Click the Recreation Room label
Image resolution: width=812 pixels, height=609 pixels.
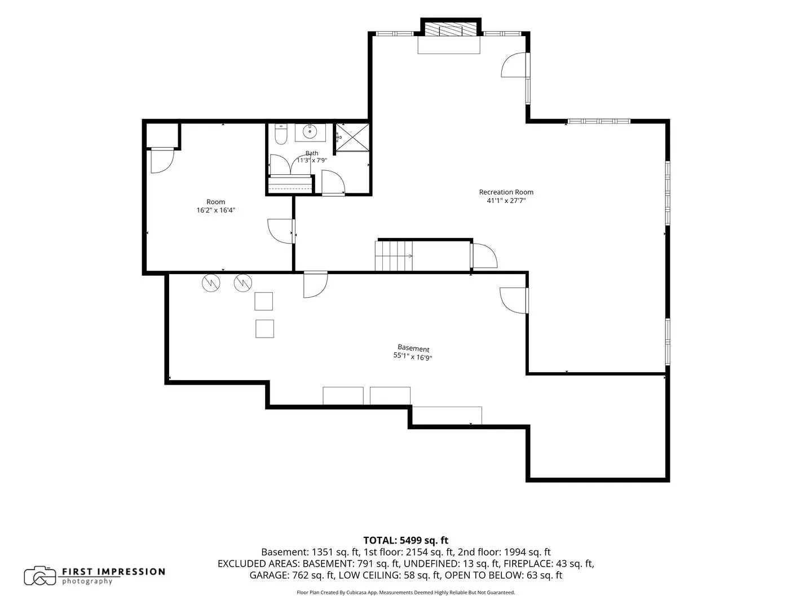click(506, 192)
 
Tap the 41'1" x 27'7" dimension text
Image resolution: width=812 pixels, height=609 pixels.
click(506, 201)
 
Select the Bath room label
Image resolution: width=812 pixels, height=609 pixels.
click(311, 153)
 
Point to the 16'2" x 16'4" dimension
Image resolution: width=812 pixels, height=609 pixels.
click(215, 210)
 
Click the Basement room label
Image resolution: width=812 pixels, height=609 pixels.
click(413, 348)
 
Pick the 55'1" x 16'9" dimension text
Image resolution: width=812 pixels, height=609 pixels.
click(412, 356)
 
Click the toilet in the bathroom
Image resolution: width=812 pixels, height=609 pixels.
click(281, 134)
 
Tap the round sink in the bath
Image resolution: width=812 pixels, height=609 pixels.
click(310, 131)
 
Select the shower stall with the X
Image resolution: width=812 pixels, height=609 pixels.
click(352, 137)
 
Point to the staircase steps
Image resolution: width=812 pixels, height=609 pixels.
click(394, 256)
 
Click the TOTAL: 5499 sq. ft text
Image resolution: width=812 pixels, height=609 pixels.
click(406, 541)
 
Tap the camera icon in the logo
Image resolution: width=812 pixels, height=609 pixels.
click(40, 576)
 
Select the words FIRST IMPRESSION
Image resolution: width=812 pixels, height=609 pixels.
click(113, 572)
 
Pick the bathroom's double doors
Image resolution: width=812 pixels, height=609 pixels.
click(290, 165)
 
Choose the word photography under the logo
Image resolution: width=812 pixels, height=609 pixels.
click(87, 581)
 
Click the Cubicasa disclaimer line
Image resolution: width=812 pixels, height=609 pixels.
click(406, 593)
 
